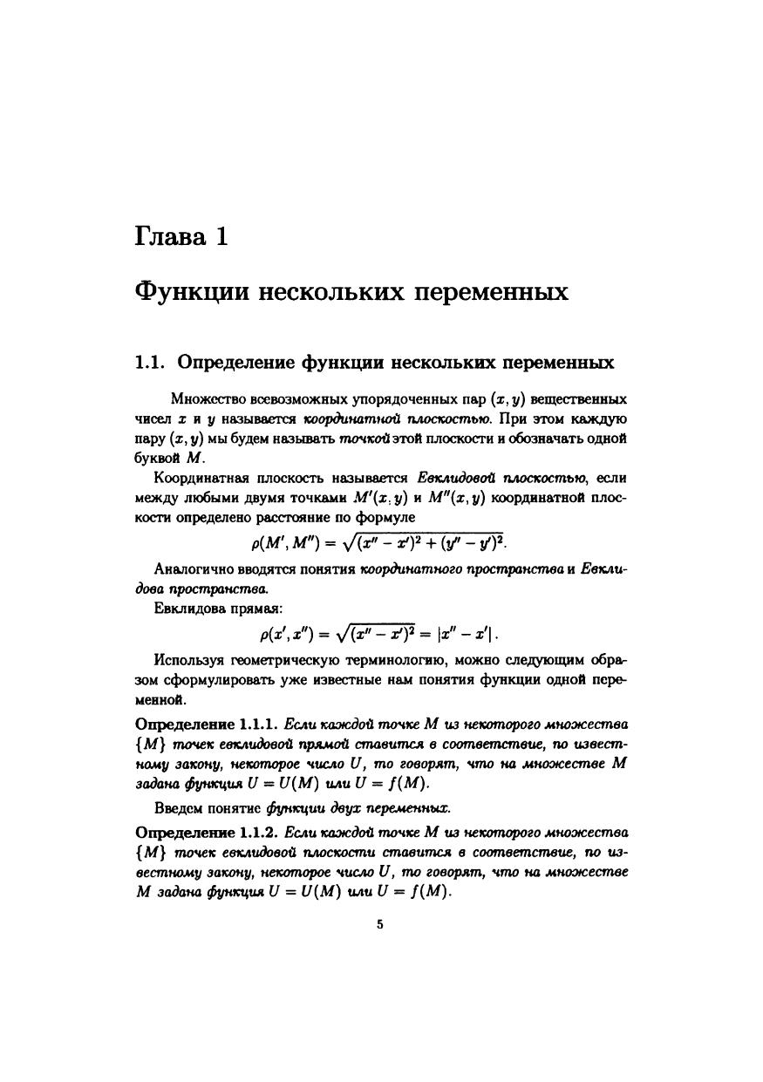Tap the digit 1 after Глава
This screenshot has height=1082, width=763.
coord(221,236)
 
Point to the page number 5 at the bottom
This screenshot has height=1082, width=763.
coord(380,925)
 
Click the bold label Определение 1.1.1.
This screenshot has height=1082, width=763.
coord(207,725)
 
